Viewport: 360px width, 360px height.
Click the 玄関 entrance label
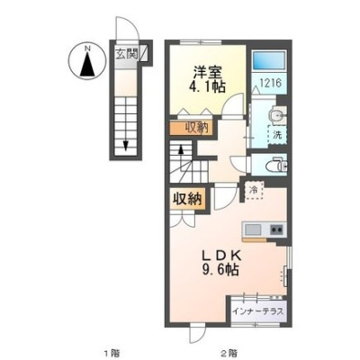click(x=127, y=54)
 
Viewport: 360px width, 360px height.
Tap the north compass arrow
click(x=87, y=64)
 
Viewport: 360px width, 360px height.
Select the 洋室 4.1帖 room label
click(x=207, y=79)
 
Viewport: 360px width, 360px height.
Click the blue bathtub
click(x=268, y=60)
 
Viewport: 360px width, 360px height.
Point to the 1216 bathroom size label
click(x=270, y=83)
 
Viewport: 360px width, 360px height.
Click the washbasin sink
click(x=278, y=114)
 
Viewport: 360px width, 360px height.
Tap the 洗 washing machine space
click(x=277, y=135)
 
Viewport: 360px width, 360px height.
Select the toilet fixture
click(x=276, y=165)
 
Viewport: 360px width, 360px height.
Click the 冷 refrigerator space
click(x=254, y=190)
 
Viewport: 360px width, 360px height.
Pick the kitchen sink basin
click(x=253, y=230)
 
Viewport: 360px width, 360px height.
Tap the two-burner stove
click(x=277, y=230)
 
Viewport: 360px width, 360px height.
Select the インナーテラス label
click(x=258, y=311)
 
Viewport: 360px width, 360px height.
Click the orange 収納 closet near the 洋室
click(x=192, y=128)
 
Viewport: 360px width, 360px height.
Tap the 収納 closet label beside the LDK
click(x=188, y=199)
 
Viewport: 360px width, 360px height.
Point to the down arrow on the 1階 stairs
click(x=126, y=145)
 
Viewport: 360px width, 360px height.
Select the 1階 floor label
click(x=110, y=351)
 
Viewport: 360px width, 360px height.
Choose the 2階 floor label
click(x=229, y=351)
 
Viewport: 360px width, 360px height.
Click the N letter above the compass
click(x=87, y=48)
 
